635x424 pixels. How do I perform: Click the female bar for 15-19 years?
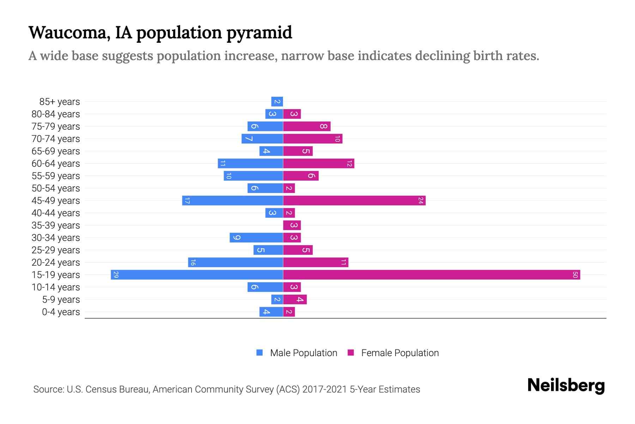pos(431,275)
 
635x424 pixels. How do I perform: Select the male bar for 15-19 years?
pos(197,275)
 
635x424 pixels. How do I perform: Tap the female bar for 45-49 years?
pos(354,200)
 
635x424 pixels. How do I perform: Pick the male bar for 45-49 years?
pos(232,200)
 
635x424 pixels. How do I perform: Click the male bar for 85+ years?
pos(277,102)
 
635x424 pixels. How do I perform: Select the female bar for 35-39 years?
pos(292,225)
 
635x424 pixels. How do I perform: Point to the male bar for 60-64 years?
pos(250,163)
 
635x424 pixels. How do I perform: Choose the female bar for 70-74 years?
pos(313,139)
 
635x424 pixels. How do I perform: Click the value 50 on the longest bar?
pos(575,275)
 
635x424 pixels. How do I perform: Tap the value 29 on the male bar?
pos(116,275)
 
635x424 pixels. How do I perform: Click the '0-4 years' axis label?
pos(61,312)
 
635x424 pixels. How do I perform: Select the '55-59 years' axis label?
pos(56,176)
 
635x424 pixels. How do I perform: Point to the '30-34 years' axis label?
pos(56,238)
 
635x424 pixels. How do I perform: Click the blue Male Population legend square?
pos(260,353)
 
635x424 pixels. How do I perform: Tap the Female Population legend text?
pos(400,353)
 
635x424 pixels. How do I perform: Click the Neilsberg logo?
pos(566,385)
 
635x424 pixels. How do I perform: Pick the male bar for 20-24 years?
pos(235,262)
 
